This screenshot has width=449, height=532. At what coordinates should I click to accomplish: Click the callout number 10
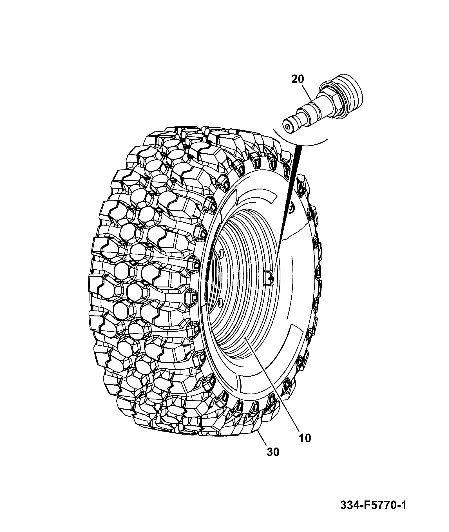[305, 438]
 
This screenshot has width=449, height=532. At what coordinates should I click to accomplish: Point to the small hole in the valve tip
[287, 127]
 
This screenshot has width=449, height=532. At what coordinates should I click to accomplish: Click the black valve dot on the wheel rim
[271, 279]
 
